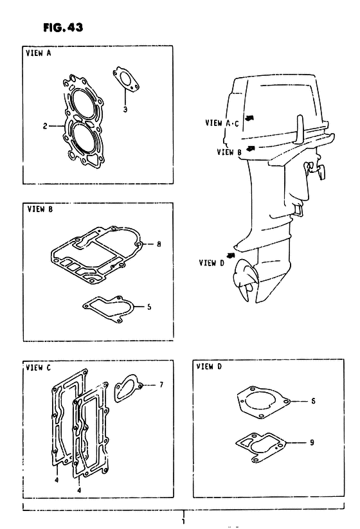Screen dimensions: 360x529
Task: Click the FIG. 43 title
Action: coord(63,27)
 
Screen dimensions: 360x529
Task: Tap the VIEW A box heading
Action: coord(39,53)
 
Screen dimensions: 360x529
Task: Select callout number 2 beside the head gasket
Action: coord(45,126)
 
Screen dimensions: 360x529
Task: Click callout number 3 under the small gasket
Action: coord(125,109)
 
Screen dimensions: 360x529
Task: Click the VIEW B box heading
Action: coord(40,209)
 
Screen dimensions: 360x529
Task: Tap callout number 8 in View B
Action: coord(159,244)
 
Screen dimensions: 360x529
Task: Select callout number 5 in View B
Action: coord(149,307)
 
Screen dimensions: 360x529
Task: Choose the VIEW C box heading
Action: coord(39,368)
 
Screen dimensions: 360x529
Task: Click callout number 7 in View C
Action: coord(161,384)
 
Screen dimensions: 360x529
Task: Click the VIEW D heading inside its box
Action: coord(209,366)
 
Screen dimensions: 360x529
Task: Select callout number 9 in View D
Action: coord(312,442)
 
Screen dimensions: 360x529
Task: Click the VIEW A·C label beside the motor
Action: coord(222,123)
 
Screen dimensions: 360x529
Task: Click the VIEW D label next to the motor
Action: coord(212,263)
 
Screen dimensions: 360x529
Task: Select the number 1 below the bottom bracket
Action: coord(184,522)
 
